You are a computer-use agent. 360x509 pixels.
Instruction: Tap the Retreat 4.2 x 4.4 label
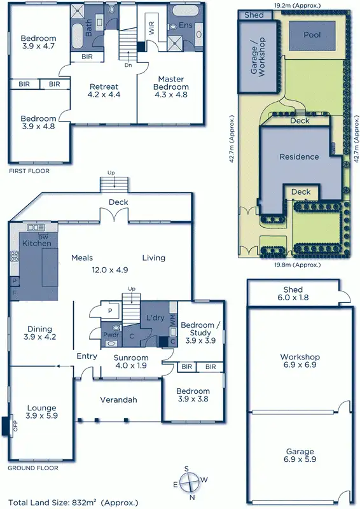[x=104, y=90]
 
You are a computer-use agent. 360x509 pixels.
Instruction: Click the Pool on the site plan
[x=312, y=34]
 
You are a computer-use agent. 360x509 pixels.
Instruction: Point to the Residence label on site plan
[x=299, y=157]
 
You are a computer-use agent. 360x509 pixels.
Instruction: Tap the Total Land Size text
[x=73, y=502]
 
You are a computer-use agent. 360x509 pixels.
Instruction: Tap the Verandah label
[x=119, y=400]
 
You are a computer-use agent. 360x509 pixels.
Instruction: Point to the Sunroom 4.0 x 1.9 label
[x=132, y=361]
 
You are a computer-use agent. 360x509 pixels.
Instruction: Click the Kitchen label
[x=36, y=243]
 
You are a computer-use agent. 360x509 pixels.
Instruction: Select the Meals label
[x=82, y=258]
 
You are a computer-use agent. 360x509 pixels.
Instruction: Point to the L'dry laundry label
[x=156, y=317]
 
